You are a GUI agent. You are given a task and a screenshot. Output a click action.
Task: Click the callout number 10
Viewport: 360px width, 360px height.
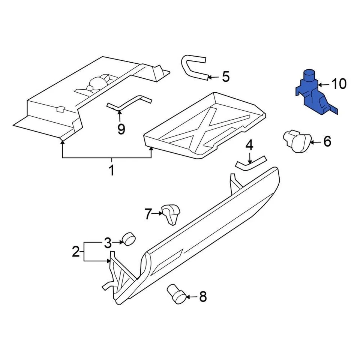pyautogui.click(x=339, y=84)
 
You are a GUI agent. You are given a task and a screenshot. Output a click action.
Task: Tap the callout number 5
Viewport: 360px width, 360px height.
pyautogui.click(x=225, y=77)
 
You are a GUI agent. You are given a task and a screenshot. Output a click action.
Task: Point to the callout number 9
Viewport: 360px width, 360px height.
pyautogui.click(x=121, y=129)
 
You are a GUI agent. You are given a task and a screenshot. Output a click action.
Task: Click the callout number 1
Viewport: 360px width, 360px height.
pyautogui.click(x=111, y=171)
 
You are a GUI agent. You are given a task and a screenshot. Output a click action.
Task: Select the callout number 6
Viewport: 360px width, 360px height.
pyautogui.click(x=327, y=141)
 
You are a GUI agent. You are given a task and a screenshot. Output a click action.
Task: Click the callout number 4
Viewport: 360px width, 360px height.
pyautogui.click(x=250, y=145)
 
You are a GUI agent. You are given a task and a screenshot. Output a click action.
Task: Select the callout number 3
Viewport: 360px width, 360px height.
pyautogui.click(x=108, y=243)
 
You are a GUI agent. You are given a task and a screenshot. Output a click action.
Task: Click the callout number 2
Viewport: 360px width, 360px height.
pyautogui.click(x=76, y=251)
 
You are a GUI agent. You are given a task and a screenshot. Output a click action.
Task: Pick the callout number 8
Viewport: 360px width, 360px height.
pyautogui.click(x=202, y=297)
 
